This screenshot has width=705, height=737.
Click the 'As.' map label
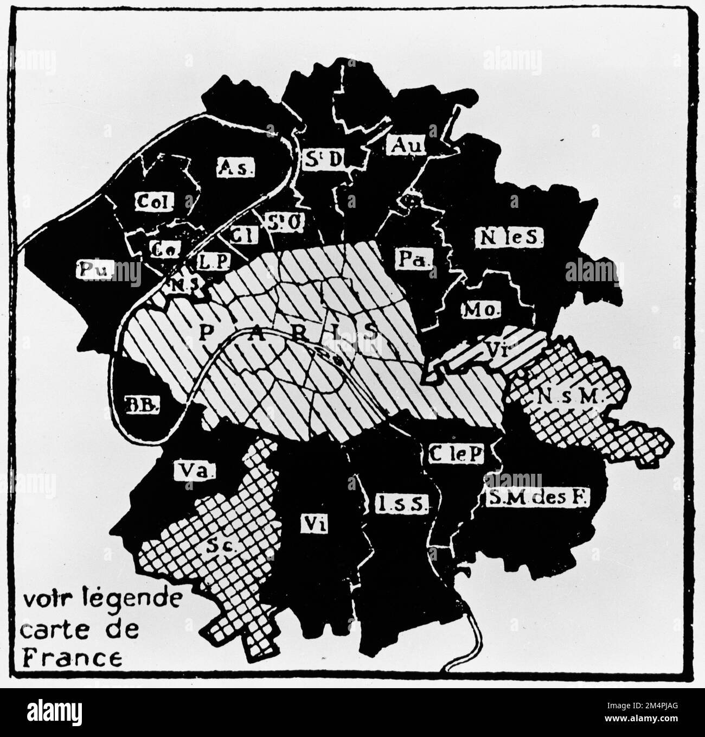(x=235, y=168)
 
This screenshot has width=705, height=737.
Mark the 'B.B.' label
(x=140, y=404)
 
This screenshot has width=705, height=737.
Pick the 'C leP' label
(x=455, y=454)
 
